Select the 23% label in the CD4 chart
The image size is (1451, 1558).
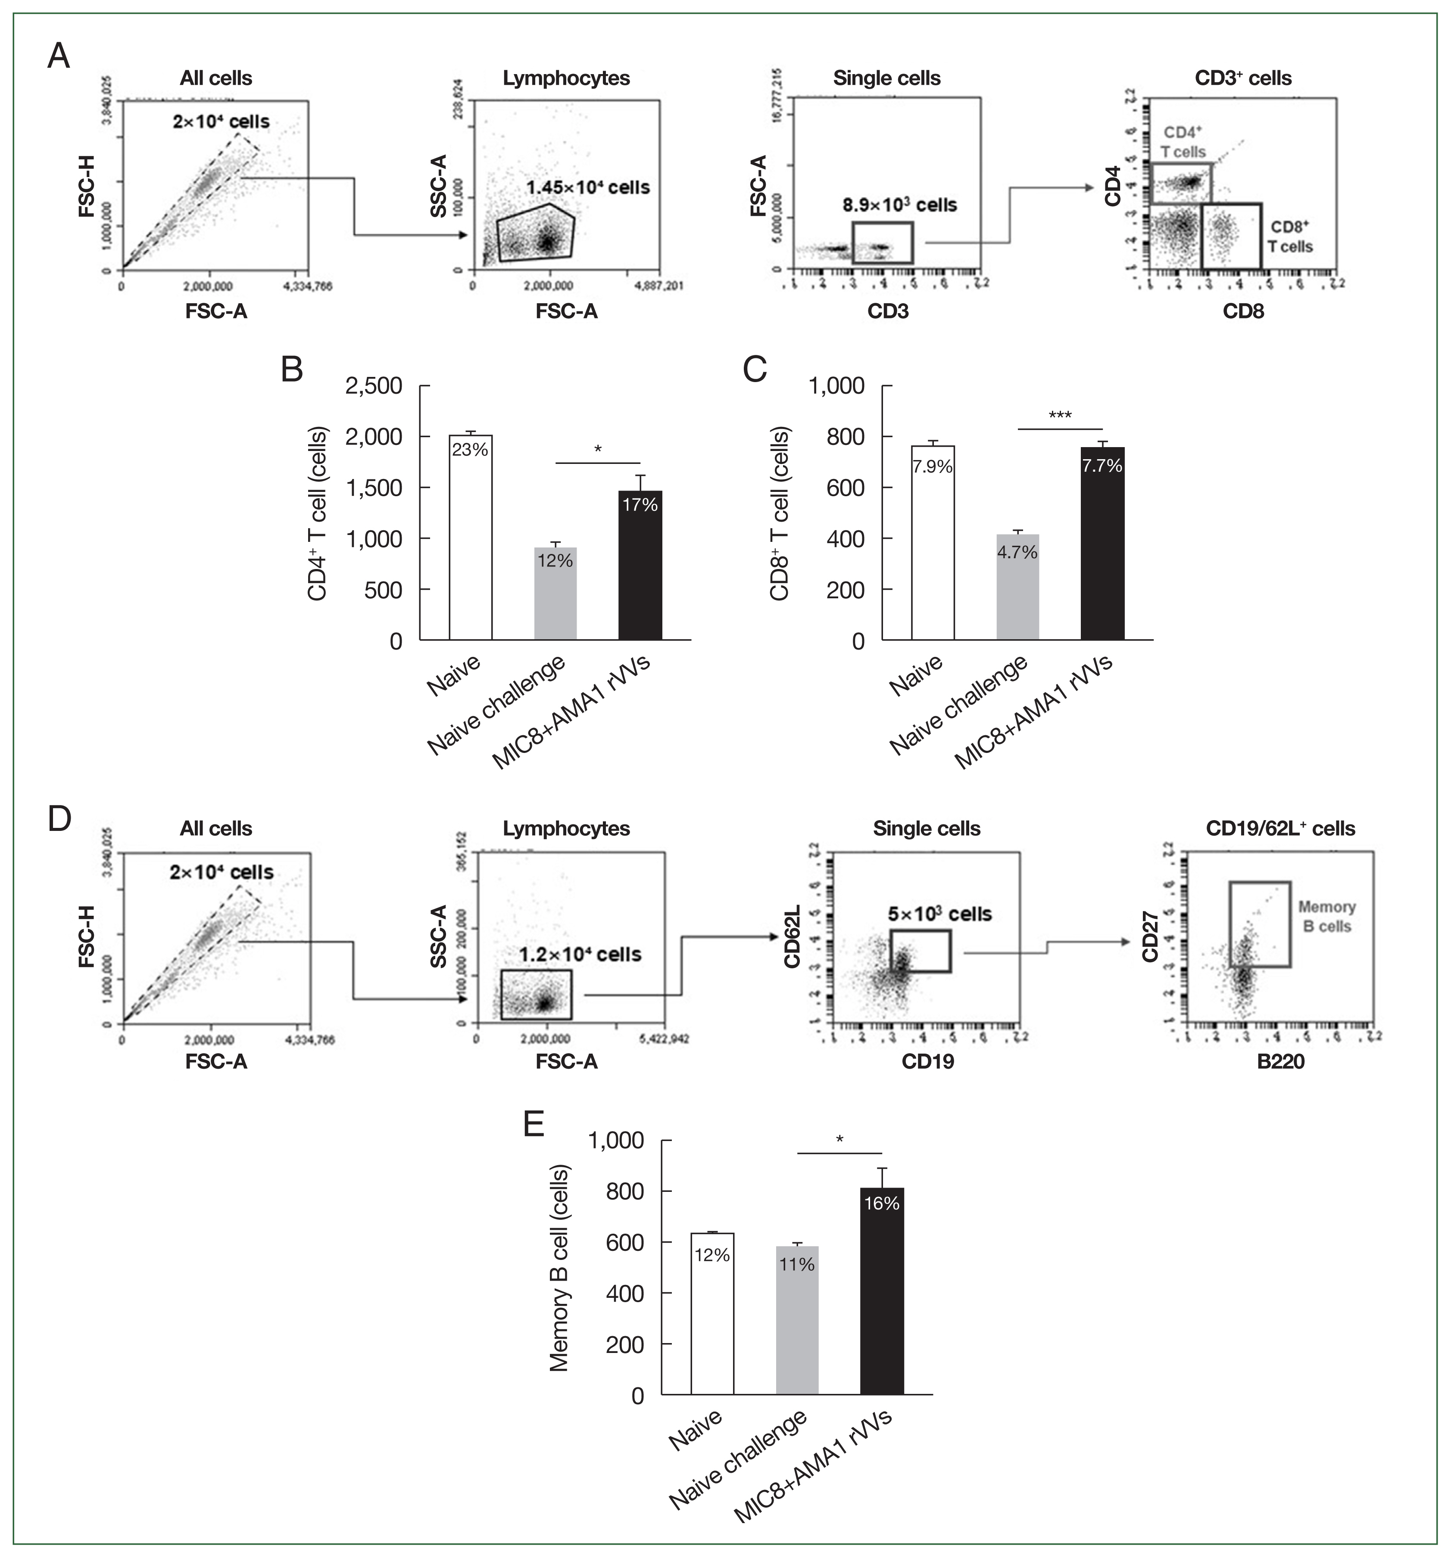pos(470,450)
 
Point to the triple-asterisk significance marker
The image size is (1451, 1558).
pos(1060,415)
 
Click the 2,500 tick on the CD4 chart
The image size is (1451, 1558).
pos(374,386)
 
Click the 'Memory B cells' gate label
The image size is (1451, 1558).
pos(1326,916)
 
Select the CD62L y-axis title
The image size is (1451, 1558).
pos(792,936)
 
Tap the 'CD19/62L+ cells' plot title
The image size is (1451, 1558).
pos(1280,828)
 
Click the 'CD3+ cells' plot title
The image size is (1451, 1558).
pos(1242,78)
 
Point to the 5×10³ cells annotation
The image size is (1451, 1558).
pos(940,914)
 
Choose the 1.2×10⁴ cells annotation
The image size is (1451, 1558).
pos(580,955)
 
